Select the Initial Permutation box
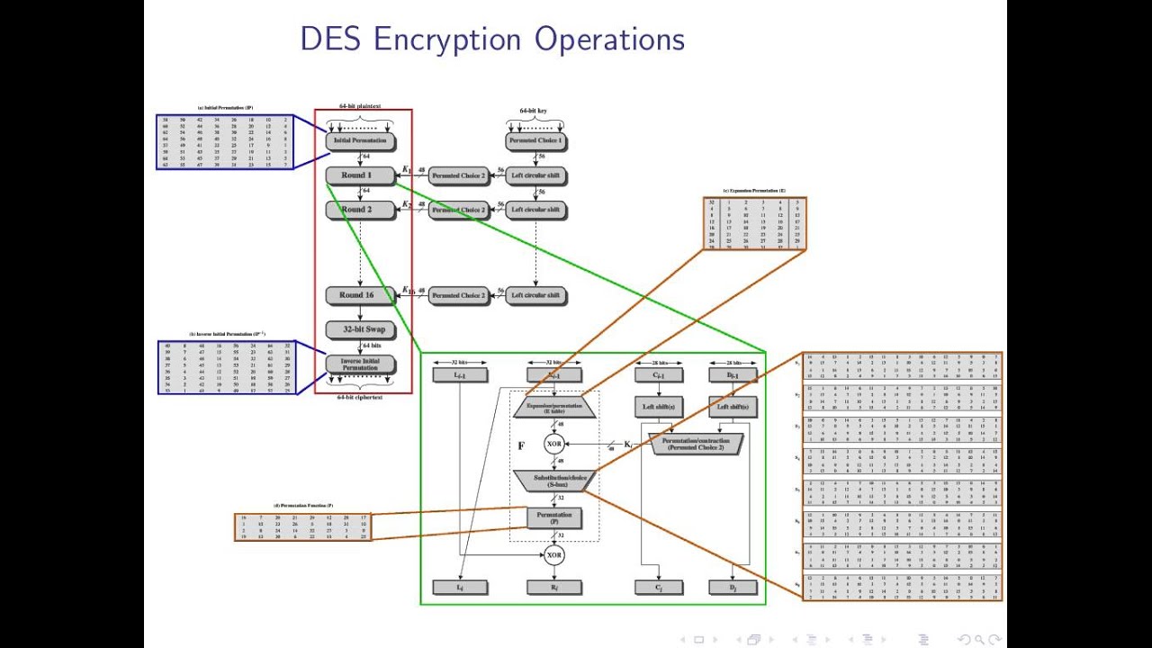[360, 141]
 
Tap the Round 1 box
[360, 175]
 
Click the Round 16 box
[360, 295]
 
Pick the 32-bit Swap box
[360, 329]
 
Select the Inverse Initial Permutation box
[360, 364]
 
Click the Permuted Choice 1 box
[535, 141]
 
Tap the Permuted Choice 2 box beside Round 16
[458, 295]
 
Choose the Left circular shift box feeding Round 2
[535, 210]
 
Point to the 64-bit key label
[533, 111]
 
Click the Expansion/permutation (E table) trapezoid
[554, 408]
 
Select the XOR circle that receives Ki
[554, 444]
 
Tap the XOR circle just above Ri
[554, 555]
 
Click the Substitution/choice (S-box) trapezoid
[554, 481]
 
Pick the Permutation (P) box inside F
[554, 517]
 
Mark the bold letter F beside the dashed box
[520, 445]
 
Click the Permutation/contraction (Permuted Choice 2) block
[693, 444]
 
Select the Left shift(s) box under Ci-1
[659, 408]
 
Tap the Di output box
[734, 588]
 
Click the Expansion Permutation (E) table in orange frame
[754, 223]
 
